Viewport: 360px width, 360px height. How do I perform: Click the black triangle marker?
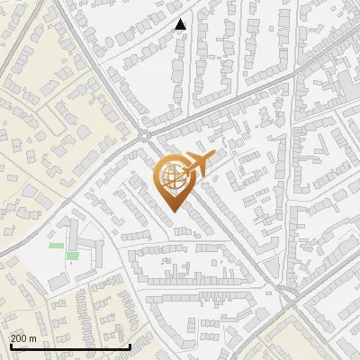tap(181, 25)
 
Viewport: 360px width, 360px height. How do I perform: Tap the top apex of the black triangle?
tap(181, 20)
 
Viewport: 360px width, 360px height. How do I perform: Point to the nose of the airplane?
tap(213, 157)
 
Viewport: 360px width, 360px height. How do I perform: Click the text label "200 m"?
tap(23, 338)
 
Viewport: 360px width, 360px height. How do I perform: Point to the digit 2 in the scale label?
tap(13, 338)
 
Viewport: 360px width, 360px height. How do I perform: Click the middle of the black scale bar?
tap(70, 346)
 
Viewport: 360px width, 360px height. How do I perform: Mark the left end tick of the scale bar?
tap(10, 346)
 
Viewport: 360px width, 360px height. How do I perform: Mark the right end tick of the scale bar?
tap(130, 346)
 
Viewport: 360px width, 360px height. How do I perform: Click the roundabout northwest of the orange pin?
tap(144, 137)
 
